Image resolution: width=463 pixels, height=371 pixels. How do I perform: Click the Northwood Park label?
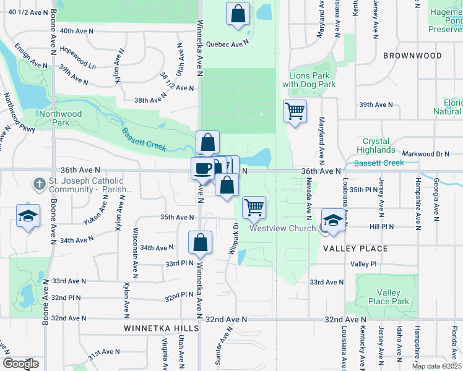[59, 118]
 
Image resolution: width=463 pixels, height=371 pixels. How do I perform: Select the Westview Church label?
[282, 228]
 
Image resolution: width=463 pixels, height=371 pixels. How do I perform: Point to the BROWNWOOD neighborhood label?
[412, 56]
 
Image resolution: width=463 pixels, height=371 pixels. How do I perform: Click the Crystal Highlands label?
[379, 145]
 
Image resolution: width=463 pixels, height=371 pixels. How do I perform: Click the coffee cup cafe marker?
[202, 168]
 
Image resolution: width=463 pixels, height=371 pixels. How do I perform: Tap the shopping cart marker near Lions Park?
[295, 111]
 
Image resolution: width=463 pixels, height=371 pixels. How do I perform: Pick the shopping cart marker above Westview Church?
[254, 208]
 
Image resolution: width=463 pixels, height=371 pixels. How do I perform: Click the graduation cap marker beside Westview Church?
[333, 221]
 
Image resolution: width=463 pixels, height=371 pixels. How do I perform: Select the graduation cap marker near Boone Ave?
[28, 216]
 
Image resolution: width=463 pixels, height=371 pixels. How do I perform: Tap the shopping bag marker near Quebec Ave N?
[238, 14]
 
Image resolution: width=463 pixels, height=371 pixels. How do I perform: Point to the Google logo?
[21, 364]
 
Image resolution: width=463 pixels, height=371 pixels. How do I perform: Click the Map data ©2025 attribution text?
[436, 366]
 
